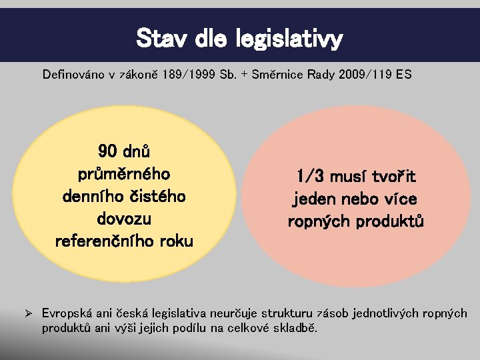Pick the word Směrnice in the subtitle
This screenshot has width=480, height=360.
275,75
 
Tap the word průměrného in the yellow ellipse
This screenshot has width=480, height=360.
124,174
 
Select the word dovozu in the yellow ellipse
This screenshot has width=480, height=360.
124,219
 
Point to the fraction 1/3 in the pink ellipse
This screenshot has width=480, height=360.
311,177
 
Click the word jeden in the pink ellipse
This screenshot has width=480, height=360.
315,199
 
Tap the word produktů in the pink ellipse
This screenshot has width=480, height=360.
391,221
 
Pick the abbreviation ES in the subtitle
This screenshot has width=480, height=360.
403,75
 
